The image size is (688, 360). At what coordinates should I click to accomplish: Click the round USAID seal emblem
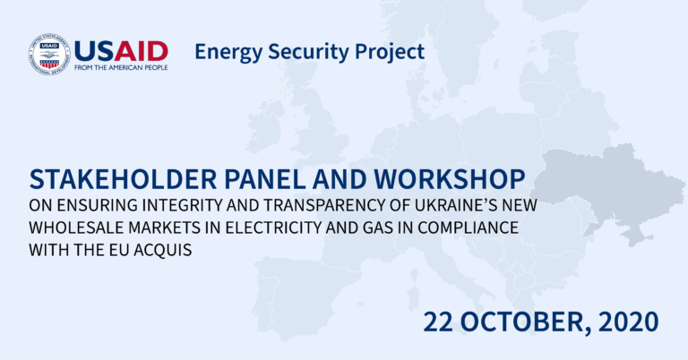click(49, 55)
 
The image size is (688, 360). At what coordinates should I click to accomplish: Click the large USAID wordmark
click(121, 52)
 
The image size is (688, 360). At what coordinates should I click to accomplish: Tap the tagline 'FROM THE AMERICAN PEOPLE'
click(121, 67)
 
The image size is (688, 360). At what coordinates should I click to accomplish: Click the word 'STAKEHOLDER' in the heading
click(124, 179)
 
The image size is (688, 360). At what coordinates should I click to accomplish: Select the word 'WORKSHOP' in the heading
click(450, 179)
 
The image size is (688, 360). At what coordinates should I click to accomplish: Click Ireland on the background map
click(264, 126)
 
